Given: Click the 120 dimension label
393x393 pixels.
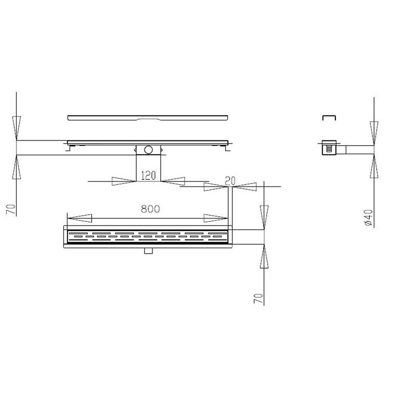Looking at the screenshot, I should (148, 176).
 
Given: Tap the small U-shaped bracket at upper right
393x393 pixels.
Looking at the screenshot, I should (328, 117).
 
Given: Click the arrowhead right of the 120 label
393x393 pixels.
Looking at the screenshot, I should (173, 181).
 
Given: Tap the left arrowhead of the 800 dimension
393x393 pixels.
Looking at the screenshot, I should (79, 218).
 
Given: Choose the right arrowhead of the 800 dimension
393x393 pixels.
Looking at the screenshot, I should (215, 218).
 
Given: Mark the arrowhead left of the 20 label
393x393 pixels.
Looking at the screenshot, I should (215, 186).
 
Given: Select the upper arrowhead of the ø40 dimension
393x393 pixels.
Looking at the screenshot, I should (374, 133).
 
